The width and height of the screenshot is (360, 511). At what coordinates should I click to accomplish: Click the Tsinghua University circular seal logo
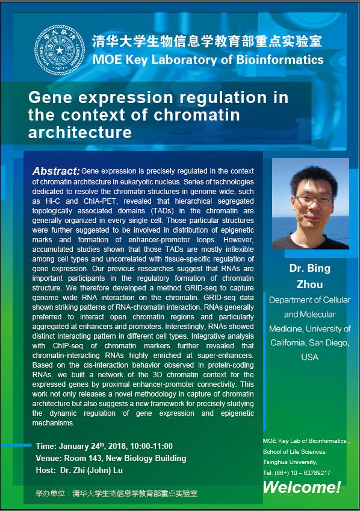(x=60, y=50)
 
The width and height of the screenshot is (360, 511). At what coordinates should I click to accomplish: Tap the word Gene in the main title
(x=50, y=98)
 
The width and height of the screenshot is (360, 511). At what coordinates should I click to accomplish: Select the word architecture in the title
(x=80, y=133)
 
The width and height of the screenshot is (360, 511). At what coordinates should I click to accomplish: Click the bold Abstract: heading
(x=56, y=171)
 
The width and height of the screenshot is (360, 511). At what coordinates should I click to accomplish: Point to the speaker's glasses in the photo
(x=312, y=199)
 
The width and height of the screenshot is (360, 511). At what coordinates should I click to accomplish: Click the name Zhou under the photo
(x=309, y=284)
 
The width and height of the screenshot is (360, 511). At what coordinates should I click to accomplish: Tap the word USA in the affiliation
(x=309, y=357)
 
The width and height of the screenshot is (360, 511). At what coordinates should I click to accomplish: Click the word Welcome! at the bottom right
(x=302, y=487)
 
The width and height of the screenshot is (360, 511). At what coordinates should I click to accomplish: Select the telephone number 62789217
(x=317, y=472)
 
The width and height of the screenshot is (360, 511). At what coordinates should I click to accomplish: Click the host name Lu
(x=118, y=470)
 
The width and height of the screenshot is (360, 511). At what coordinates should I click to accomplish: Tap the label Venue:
(x=49, y=458)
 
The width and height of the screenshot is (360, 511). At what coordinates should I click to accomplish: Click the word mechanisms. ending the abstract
(x=54, y=423)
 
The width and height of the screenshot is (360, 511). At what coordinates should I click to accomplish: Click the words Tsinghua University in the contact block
(x=290, y=462)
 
